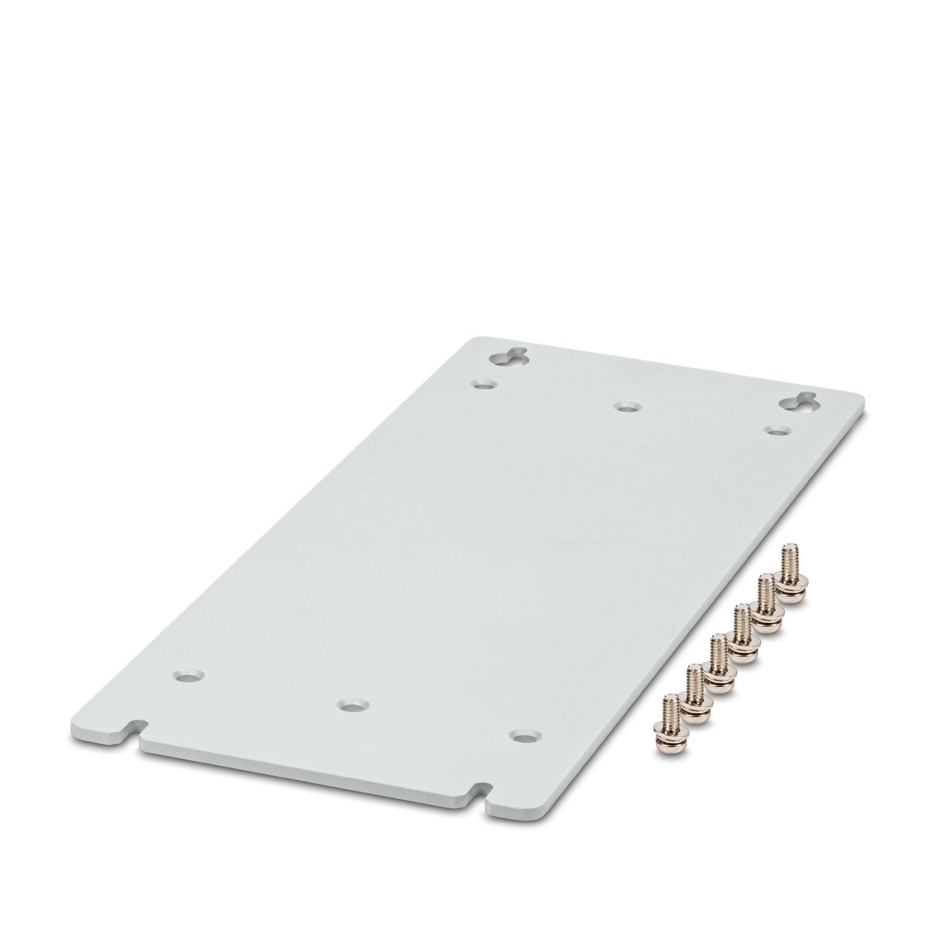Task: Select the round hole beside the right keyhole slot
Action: pos(776,431)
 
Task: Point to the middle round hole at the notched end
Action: pos(352,705)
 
